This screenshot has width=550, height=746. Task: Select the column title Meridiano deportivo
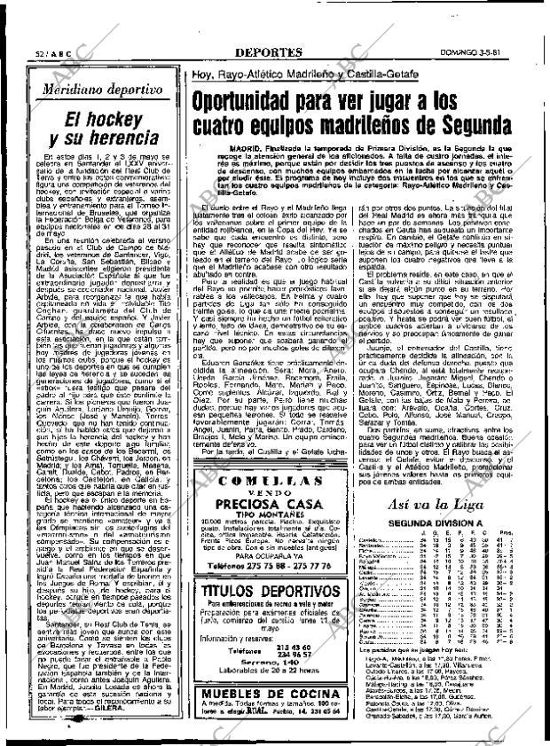pos(98,89)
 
